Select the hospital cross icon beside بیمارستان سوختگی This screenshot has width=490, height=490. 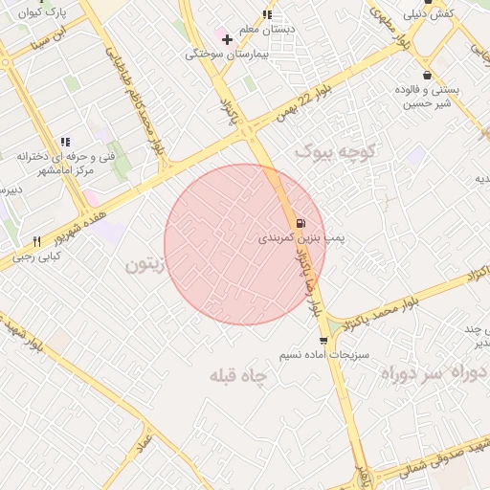coord(227,39)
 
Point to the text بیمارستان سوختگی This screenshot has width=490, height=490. coord(222,55)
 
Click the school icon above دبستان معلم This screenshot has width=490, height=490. coord(267,14)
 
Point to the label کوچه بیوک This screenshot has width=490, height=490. coord(338,150)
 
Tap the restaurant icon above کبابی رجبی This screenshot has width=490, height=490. coord(36,241)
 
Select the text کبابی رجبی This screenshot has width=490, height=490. coord(36,256)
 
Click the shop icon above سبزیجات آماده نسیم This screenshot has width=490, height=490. coord(323,340)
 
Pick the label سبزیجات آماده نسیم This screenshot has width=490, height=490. coord(314,355)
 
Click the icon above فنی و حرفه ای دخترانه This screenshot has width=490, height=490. coord(65,142)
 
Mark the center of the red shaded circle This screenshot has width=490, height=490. coord(246,244)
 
